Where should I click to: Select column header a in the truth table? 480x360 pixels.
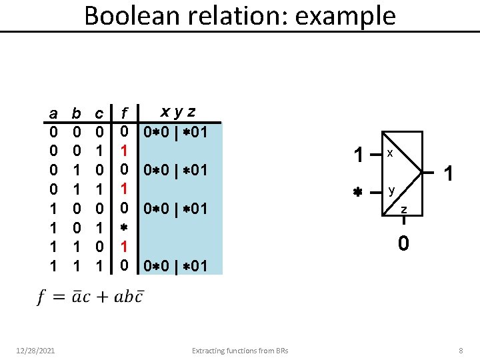coord(53,113)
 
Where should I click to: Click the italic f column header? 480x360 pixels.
coord(125,113)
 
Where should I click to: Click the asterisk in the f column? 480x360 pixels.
coord(123,228)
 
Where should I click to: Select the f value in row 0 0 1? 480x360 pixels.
coord(123,151)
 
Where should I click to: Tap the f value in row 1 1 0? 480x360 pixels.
coord(123,247)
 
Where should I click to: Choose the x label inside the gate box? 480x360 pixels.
coord(390,153)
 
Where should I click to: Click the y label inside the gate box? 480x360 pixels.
coord(393,191)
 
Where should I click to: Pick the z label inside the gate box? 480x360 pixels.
coord(403,211)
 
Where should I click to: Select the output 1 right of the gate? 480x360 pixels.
coord(449,174)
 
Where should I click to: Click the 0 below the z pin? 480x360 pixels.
coord(403,244)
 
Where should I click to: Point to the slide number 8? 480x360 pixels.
coord(460,351)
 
